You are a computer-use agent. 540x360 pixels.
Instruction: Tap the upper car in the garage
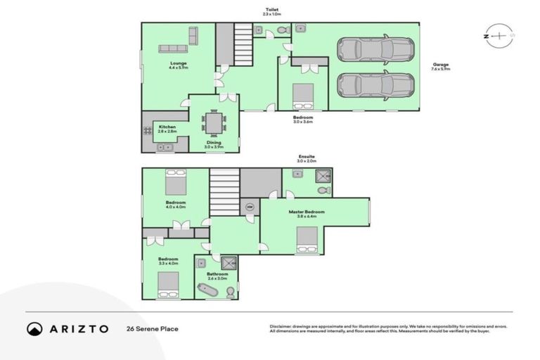point(375,49)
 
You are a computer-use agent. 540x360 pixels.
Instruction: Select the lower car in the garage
point(375,85)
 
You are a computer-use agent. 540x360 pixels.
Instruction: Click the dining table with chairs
point(214,124)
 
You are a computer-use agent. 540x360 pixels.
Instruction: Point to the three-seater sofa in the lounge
point(173,49)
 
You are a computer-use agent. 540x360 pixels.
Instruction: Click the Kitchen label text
point(167,127)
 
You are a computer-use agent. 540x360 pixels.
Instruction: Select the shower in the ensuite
point(322,176)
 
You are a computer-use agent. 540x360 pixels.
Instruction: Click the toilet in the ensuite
point(323,190)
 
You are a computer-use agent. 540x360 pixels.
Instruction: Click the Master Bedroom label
point(307,212)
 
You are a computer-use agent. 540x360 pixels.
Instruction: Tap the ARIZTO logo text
point(77,328)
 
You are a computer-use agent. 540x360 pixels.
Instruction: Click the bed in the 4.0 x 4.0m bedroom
point(175,183)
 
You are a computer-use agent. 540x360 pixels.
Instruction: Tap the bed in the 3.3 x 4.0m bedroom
point(168,285)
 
